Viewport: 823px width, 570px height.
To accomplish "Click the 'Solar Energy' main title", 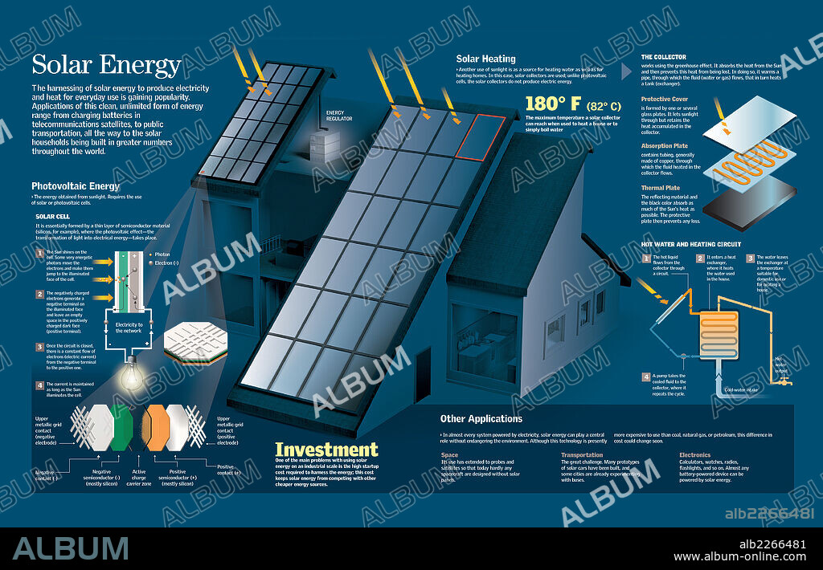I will [106, 67].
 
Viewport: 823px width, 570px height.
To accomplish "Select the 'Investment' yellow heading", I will [326, 450].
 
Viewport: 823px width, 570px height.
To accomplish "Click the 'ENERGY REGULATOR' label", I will [339, 116].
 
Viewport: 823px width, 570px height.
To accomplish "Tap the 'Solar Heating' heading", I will [485, 59].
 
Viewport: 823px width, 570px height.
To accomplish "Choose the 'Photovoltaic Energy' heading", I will [76, 186].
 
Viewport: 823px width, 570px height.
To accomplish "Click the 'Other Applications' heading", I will [481, 418].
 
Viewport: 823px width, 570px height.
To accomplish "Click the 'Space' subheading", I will [449, 455].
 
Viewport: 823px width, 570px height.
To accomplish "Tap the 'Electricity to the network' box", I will [129, 329].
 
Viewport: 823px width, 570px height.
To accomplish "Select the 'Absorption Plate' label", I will [665, 146].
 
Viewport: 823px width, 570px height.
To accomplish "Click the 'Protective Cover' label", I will [663, 100].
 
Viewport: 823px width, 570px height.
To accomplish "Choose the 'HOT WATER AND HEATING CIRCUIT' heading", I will [690, 244].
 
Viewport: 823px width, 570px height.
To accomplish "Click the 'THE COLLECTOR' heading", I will [663, 57].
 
